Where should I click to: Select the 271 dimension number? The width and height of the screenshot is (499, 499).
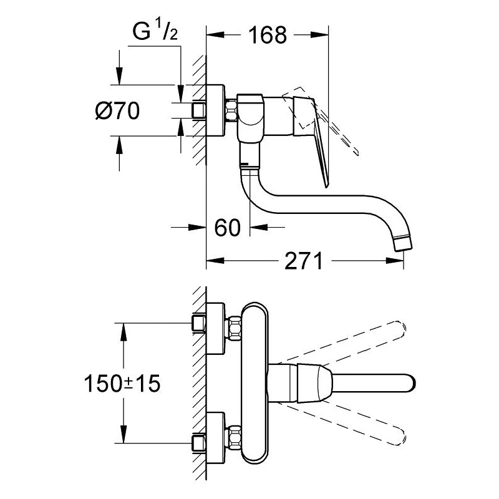304,261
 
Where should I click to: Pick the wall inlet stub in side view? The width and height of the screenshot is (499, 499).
199,112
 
